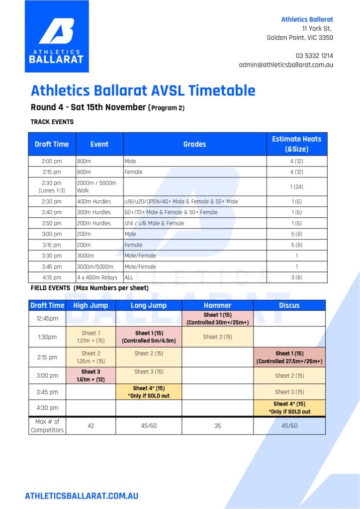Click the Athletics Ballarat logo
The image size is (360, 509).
[x=57, y=36]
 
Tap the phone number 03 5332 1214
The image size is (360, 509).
[x=314, y=56]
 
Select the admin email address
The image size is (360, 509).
[x=286, y=65]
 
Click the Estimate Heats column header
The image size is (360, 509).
[x=297, y=144]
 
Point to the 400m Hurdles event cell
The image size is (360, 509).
[x=99, y=202]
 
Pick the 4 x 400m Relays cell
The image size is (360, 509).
[x=99, y=277]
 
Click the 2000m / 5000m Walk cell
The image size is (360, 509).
[x=99, y=187]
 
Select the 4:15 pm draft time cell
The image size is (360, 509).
[x=52, y=277]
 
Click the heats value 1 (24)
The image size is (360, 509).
[x=297, y=187]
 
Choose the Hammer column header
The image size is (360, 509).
[x=217, y=305]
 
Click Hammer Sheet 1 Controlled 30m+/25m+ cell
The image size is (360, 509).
[x=217, y=319]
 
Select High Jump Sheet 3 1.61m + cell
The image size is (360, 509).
[x=91, y=376]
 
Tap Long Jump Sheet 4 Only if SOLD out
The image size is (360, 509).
[x=149, y=392]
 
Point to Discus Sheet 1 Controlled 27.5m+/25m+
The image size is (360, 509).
[x=289, y=357]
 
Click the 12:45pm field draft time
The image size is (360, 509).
[x=47, y=319]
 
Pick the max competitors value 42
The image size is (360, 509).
[x=91, y=425]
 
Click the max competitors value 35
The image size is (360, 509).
[x=217, y=425]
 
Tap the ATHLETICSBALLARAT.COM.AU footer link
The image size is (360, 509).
[x=82, y=496]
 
